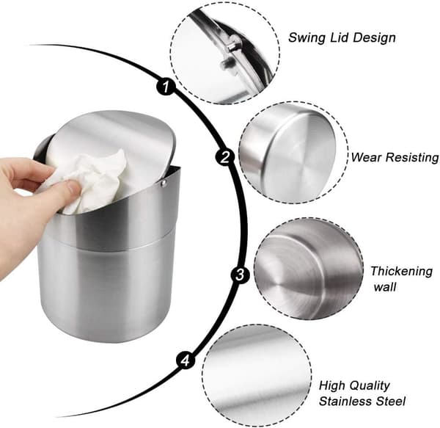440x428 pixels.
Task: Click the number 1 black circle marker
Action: coord(166,86)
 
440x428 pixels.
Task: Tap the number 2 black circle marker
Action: coord(225,156)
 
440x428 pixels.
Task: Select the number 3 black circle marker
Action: coord(241,275)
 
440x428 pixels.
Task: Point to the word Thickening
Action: coord(402,272)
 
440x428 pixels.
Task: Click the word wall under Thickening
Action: coord(385,287)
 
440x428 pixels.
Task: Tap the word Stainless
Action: coord(345,401)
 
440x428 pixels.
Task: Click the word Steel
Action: coord(391,401)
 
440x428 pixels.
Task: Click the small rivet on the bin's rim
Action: coord(164,184)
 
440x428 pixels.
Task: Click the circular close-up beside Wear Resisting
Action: coord(293,153)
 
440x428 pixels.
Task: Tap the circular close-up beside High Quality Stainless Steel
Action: coord(256,376)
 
